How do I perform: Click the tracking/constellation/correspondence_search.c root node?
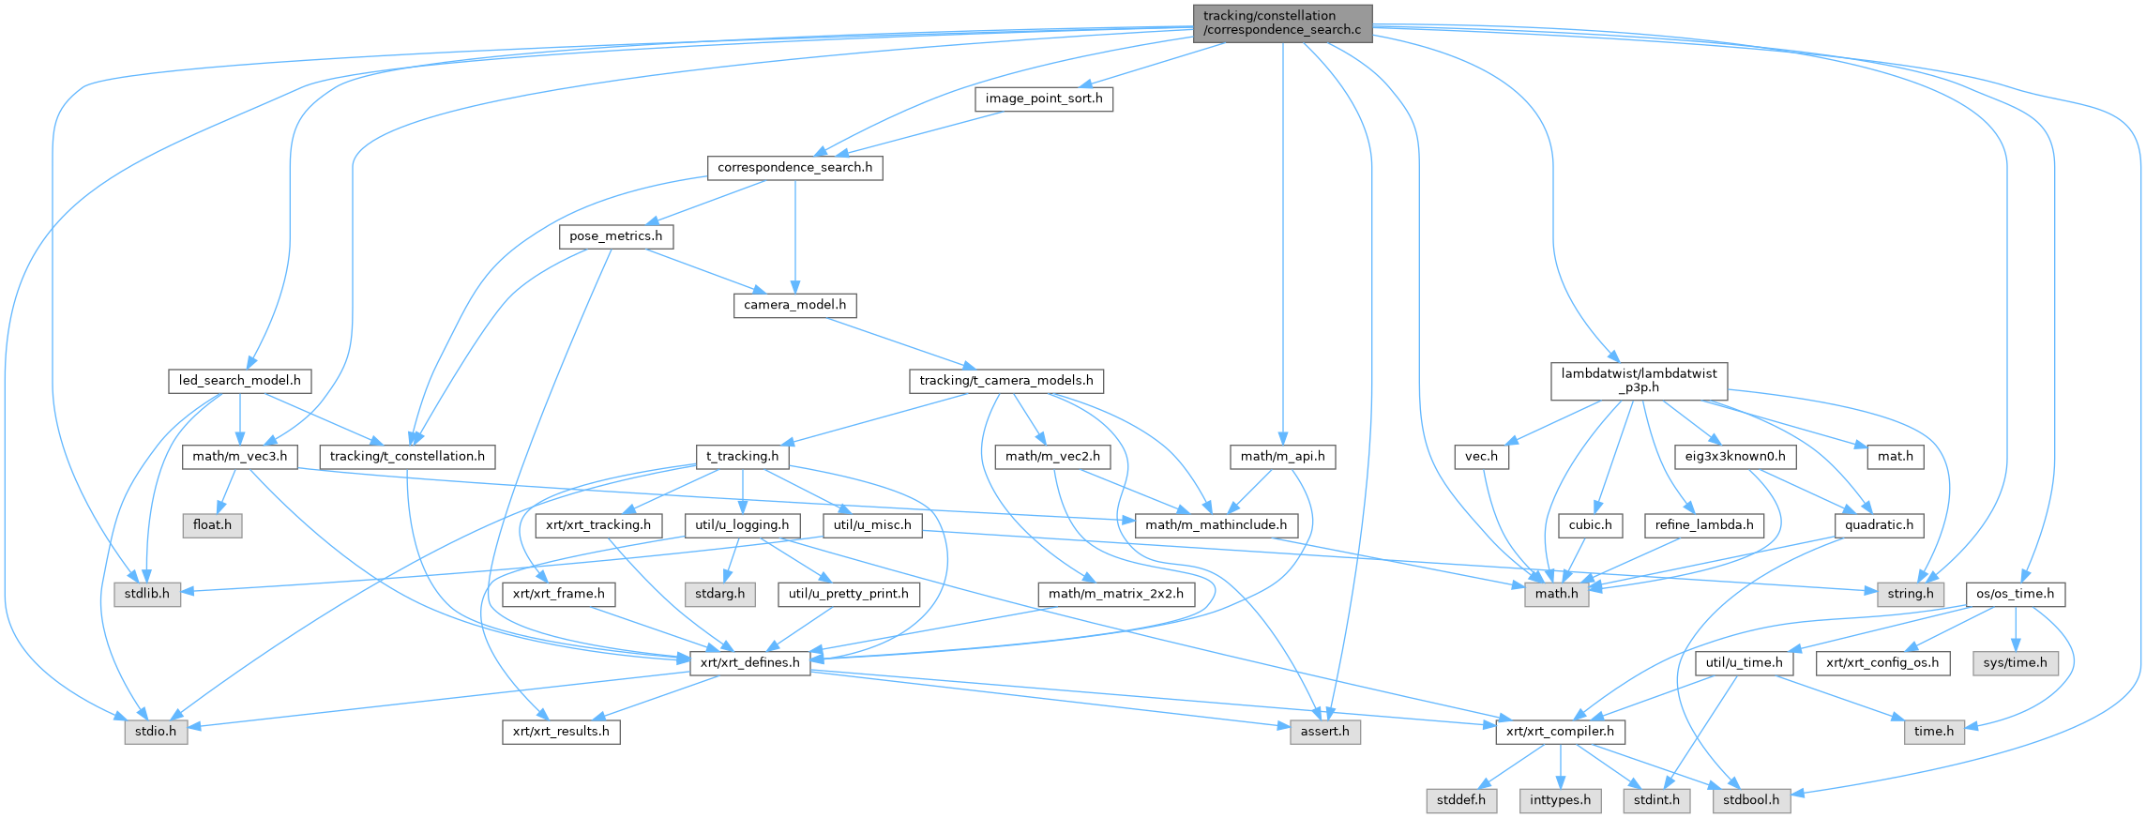pyautogui.click(x=1281, y=23)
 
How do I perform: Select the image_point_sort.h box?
pyautogui.click(x=1043, y=98)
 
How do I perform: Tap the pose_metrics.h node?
pyautogui.click(x=615, y=236)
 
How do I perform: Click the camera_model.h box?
pyautogui.click(x=794, y=305)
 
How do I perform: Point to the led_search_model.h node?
pyautogui.click(x=240, y=381)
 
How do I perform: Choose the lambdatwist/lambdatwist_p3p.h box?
pyautogui.click(x=1639, y=381)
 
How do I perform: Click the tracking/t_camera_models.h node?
pyautogui.click(x=1005, y=381)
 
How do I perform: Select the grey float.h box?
pyautogui.click(x=212, y=525)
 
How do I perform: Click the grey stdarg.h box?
pyautogui.click(x=719, y=594)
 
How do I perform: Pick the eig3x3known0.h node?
pyautogui.click(x=1735, y=457)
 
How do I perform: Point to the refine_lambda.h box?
pyautogui.click(x=1703, y=525)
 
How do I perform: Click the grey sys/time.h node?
pyautogui.click(x=2016, y=662)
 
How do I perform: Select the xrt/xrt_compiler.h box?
pyautogui.click(x=1560, y=732)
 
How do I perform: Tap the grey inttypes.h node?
pyautogui.click(x=1560, y=800)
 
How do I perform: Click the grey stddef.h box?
pyautogui.click(x=1460, y=800)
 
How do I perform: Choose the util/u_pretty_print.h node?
pyautogui.click(x=848, y=594)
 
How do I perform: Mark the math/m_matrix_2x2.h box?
pyautogui.click(x=1115, y=594)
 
